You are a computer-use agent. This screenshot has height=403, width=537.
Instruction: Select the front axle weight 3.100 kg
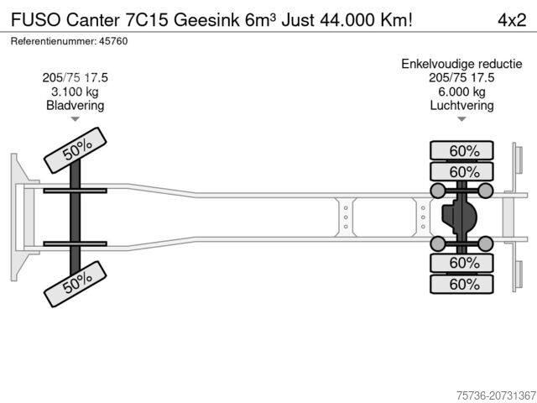(x=76, y=92)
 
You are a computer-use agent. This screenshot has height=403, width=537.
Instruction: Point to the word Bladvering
(x=76, y=106)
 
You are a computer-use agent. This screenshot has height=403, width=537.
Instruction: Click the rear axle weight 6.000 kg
(x=461, y=92)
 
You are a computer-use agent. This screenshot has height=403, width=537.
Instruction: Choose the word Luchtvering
(x=461, y=106)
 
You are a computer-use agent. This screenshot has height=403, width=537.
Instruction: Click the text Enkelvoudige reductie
(x=461, y=63)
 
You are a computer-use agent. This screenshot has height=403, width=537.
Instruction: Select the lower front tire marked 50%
(x=76, y=288)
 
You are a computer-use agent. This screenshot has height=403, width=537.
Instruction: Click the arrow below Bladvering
(x=76, y=119)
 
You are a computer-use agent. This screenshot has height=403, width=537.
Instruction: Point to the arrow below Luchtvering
(x=461, y=119)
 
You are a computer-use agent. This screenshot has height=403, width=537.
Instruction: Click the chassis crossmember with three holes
(x=346, y=217)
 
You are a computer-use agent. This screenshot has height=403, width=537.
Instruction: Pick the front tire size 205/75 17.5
(x=76, y=77)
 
